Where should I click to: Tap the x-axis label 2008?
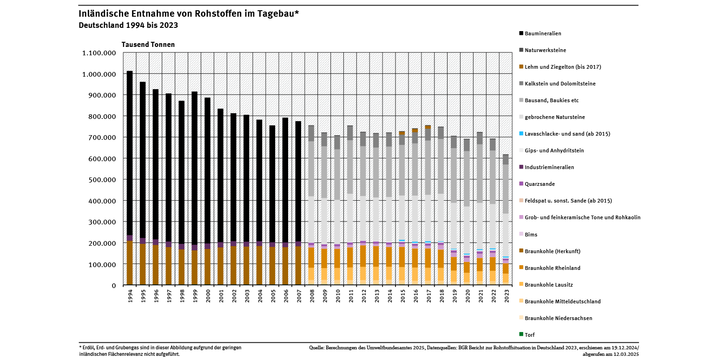coord(311,296)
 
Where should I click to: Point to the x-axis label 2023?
coord(506,296)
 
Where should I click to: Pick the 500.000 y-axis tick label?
coord(102,180)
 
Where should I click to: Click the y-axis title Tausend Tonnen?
coord(148,45)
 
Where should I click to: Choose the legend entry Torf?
coord(529,334)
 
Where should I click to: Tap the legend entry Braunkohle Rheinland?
coord(553,268)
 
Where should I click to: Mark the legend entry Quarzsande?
coord(540,184)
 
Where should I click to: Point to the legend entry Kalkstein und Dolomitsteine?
coord(560,84)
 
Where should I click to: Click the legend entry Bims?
coord(531,235)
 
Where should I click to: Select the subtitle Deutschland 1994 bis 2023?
coord(128,25)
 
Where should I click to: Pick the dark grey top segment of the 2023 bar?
coord(506,159)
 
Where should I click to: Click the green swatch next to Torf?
coord(521,334)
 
